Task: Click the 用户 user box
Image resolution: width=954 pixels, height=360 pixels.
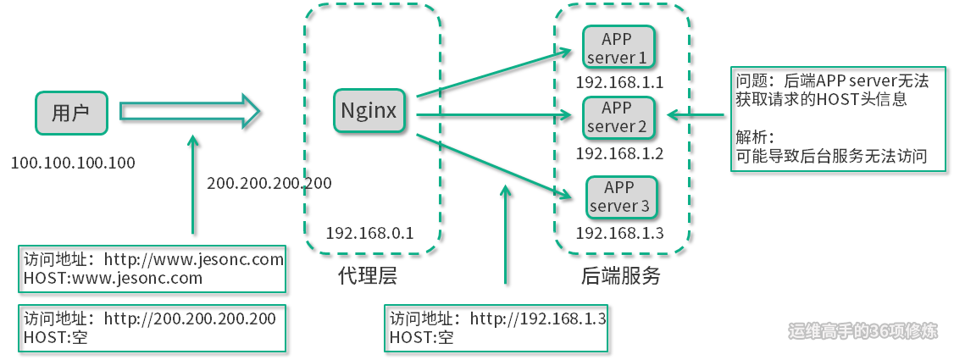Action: coord(71,114)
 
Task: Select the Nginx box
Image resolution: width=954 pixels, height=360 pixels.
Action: coord(369,111)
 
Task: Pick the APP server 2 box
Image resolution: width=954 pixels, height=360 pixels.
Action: coord(618,117)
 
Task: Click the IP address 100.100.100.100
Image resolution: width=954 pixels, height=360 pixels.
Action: coord(73,163)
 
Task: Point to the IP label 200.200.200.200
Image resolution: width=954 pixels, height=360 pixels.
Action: coord(269,183)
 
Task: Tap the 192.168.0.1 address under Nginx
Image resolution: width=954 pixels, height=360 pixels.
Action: coord(370,232)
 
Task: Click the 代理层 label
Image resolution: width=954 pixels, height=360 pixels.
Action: coord(368,277)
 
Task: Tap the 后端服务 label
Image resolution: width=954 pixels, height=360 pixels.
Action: coord(620,277)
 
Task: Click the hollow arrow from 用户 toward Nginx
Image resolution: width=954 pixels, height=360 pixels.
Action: coord(191,112)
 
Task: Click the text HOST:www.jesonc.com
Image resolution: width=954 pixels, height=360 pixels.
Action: coord(113,279)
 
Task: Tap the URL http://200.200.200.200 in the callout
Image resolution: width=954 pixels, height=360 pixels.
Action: coord(190,318)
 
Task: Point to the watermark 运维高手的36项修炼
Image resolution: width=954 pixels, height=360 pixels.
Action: coord(862,331)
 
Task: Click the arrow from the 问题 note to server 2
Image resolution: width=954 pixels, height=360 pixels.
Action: coord(696,114)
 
